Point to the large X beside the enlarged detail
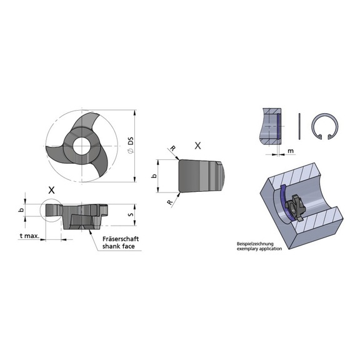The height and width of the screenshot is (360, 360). coord(198,145)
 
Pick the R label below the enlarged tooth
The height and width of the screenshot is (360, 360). coord(169,202)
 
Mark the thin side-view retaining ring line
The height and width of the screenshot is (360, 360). coord(302,127)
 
